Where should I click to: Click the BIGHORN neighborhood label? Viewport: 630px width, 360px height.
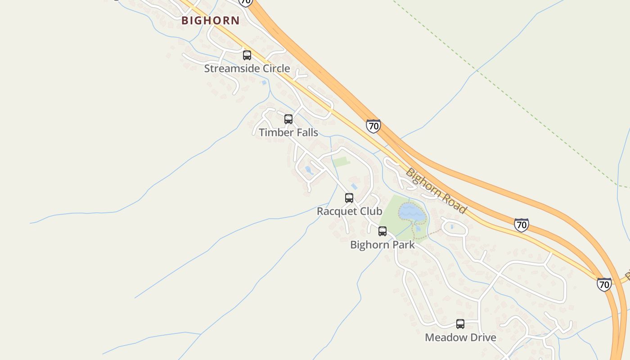point(211,20)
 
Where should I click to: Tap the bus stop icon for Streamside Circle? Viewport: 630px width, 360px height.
point(247,55)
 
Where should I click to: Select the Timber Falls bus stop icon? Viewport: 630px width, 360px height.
point(288,119)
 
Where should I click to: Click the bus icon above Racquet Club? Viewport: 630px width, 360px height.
point(349,198)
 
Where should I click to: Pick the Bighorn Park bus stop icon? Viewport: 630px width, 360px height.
point(382,231)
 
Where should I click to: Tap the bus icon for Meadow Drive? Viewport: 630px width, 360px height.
point(460,324)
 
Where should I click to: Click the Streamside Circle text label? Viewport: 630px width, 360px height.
point(247,69)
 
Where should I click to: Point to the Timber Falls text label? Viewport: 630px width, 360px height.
point(288,133)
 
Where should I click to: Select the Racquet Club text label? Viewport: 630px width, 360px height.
point(350,211)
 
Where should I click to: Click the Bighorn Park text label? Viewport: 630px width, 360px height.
point(382,245)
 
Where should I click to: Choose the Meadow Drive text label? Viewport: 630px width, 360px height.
point(460,337)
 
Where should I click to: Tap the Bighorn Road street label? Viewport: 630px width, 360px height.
point(436,191)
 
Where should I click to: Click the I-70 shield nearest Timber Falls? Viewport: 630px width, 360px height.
point(373,126)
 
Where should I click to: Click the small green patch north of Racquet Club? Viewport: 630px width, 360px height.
point(342,162)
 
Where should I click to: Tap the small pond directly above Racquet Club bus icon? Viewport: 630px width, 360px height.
point(354,186)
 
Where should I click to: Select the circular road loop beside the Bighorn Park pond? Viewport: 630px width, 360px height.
point(454,227)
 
